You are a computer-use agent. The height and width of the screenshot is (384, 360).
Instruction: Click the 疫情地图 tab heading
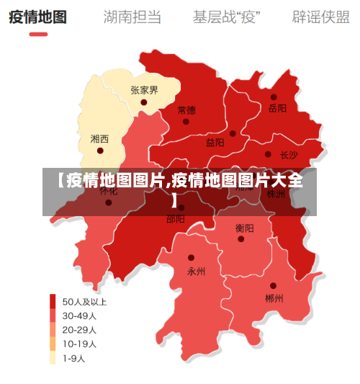click(37, 16)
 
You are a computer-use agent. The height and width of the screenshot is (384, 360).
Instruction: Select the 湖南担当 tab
click(132, 16)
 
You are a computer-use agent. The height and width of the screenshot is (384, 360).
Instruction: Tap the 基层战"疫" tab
click(226, 16)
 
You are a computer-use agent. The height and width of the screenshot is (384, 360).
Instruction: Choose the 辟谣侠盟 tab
click(320, 16)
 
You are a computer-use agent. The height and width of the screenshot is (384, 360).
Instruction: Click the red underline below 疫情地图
click(37, 34)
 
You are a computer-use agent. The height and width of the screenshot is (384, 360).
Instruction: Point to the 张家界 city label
click(144, 90)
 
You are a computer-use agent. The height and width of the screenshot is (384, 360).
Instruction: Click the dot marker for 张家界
click(144, 102)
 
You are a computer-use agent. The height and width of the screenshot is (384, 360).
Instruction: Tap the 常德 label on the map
click(186, 110)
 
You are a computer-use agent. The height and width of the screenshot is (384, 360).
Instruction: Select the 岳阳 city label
click(277, 109)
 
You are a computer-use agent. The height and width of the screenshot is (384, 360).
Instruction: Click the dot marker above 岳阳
click(274, 97)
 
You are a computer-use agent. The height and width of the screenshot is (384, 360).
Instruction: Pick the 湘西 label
click(99, 138)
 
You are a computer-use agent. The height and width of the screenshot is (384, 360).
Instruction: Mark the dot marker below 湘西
click(100, 151)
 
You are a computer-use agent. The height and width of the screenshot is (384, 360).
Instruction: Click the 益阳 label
click(215, 143)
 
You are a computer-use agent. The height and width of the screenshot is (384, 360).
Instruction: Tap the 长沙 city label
click(289, 154)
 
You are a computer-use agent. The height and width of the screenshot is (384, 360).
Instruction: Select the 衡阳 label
click(244, 228)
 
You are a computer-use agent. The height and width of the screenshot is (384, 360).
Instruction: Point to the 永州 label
click(196, 272)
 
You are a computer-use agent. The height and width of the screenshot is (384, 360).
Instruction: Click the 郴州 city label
click(274, 298)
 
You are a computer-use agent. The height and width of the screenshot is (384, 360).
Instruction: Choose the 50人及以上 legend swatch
click(53, 301)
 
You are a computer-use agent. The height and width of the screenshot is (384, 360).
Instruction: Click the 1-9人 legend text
click(73, 357)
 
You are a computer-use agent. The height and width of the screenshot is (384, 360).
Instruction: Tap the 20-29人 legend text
click(79, 329)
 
